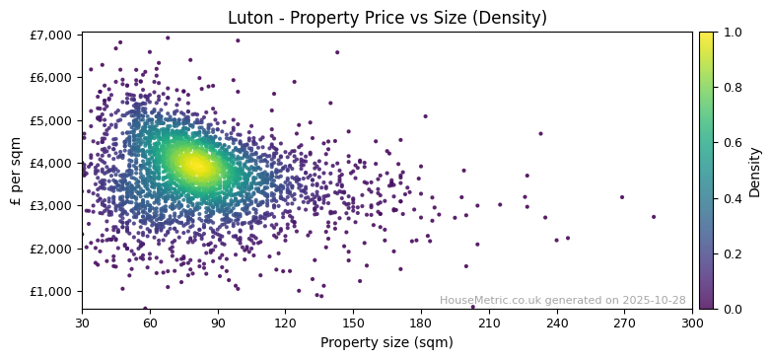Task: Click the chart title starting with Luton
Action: point(386,18)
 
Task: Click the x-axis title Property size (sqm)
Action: point(386,343)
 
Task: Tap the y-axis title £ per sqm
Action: point(16,171)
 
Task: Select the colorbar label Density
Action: point(755,171)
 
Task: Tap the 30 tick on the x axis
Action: point(82,323)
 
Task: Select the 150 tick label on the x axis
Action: point(353,323)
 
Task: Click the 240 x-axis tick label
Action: point(557,323)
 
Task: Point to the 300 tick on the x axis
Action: point(692,323)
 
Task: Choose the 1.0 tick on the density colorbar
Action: point(732,33)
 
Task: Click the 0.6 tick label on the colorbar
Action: point(732,143)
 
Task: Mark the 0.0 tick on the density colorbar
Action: point(732,309)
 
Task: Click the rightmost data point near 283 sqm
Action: point(654,217)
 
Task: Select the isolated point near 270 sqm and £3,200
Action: point(622,197)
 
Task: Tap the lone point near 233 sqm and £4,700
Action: point(540,133)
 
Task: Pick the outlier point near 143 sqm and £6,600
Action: point(337,52)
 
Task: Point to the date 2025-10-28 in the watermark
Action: point(654,301)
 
